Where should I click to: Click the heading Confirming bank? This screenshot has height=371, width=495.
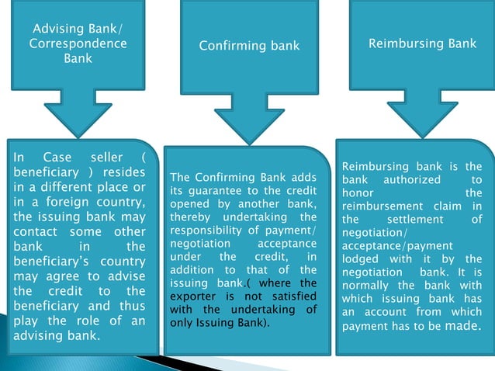249,46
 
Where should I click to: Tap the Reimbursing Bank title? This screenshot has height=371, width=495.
422,43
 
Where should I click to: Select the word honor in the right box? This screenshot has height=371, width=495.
358,192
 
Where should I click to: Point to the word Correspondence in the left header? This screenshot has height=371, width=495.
78,44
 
